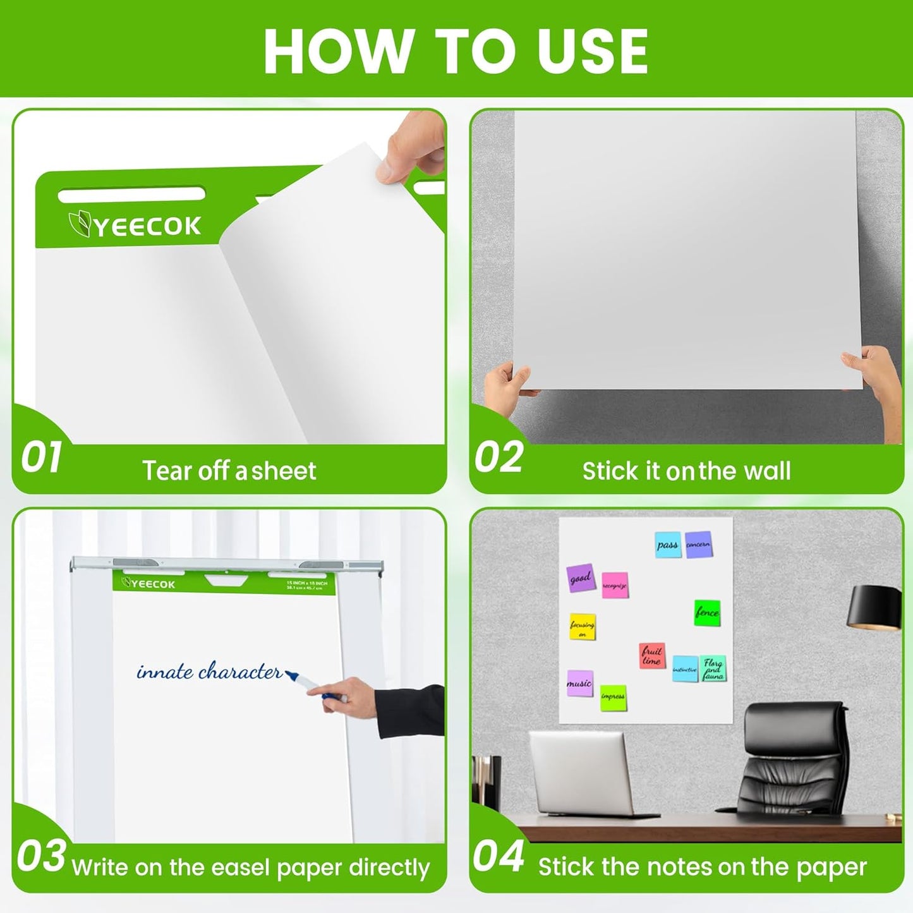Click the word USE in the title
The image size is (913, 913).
click(x=592, y=52)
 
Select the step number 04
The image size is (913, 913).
click(x=499, y=857)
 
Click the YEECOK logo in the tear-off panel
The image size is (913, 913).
click(x=135, y=226)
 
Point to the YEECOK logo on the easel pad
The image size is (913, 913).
click(x=149, y=583)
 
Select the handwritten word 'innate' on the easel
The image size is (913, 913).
click(x=165, y=672)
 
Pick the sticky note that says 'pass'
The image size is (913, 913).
click(x=667, y=545)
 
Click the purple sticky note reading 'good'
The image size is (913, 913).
click(x=581, y=577)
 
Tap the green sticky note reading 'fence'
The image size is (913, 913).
click(x=707, y=612)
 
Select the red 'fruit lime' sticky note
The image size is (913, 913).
click(x=651, y=655)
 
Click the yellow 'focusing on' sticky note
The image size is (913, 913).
click(x=582, y=626)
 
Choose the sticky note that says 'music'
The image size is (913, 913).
click(x=579, y=683)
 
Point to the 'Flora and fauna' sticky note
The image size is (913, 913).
click(x=713, y=668)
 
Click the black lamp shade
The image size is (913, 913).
click(x=874, y=607)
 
